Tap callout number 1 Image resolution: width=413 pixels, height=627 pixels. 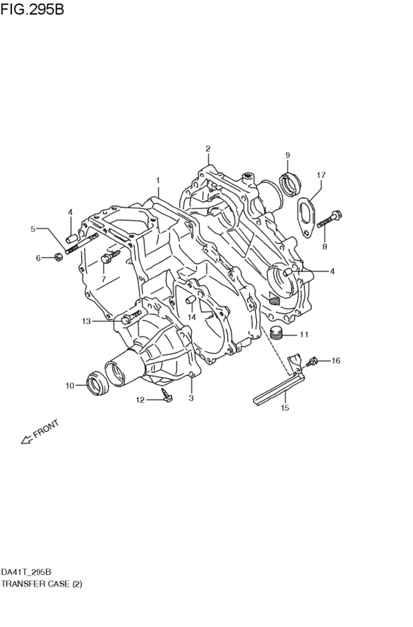pyautogui.click(x=157, y=180)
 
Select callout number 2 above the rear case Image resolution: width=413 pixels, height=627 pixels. pyautogui.click(x=208, y=149)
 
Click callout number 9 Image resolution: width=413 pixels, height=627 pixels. pyautogui.click(x=288, y=155)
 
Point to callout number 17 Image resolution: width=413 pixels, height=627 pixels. pyautogui.click(x=321, y=175)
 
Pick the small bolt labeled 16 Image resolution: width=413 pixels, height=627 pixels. pyautogui.click(x=315, y=361)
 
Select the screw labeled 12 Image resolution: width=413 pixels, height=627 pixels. pyautogui.click(x=166, y=398)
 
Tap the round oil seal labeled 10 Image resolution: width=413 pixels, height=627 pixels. pyautogui.click(x=97, y=383)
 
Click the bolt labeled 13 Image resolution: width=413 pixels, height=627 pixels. pyautogui.click(x=130, y=318)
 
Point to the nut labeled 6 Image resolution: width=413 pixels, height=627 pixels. pyautogui.click(x=58, y=257)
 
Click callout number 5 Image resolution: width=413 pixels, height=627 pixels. pyautogui.click(x=33, y=229)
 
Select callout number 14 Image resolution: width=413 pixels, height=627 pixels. pyautogui.click(x=192, y=318)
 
